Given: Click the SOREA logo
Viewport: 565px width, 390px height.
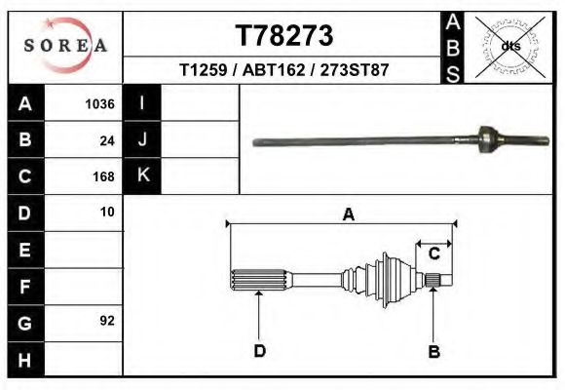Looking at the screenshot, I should click(65, 46).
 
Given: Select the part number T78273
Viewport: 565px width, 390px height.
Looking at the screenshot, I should click(284, 36).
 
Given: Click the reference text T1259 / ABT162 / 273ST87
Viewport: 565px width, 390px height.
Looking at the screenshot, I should click(284, 71).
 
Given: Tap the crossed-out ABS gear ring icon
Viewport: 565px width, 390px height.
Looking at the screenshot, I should click(509, 45).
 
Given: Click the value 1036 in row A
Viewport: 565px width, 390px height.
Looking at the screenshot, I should click(100, 104).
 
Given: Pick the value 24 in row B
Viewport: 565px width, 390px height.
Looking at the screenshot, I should click(107, 140).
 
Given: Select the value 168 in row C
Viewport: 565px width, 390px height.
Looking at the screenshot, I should click(103, 176).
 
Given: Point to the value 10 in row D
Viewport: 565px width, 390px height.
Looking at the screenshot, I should click(107, 212).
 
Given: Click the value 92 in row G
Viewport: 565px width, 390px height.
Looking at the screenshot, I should click(107, 320).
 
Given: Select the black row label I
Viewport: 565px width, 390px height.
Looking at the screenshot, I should click(142, 104).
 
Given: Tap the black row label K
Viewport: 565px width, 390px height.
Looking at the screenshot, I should click(142, 176).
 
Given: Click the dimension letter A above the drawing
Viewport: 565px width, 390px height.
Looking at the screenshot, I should click(348, 214).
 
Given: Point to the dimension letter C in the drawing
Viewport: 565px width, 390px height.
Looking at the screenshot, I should click(434, 253).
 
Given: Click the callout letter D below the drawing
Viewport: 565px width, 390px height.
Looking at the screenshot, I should click(259, 351).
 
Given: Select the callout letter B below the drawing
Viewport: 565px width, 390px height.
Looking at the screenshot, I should click(434, 351).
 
